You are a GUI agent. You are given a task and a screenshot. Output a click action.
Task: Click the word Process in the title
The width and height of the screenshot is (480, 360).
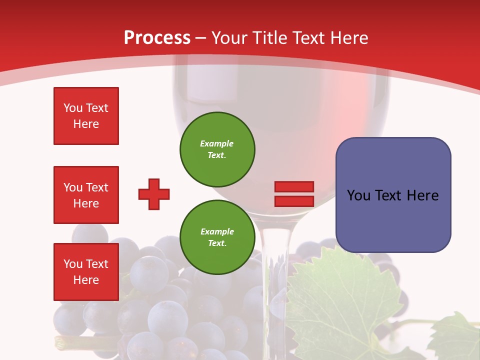157,38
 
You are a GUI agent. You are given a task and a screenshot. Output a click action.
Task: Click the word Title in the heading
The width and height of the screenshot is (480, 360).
269,38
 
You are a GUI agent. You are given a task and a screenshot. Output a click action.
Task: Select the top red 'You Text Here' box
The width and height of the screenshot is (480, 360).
86,116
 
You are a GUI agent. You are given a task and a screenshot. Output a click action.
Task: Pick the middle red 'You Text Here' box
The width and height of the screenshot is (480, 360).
86,195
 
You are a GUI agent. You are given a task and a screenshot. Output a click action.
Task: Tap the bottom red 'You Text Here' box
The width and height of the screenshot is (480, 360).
86,272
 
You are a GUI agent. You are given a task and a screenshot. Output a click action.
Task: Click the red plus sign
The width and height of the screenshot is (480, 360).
154,194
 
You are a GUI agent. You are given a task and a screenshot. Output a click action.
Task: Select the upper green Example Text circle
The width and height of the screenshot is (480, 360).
217,149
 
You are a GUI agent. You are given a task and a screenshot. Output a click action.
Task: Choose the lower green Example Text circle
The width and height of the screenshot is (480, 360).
217,237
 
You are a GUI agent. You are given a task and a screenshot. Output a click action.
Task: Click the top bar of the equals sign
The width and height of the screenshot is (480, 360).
294,186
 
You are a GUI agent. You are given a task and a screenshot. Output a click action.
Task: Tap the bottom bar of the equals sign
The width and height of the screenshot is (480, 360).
294,201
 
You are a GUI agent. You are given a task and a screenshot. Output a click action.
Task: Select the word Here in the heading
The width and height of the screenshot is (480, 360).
348,38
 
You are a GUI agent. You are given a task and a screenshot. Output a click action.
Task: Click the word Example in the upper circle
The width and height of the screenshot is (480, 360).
216,143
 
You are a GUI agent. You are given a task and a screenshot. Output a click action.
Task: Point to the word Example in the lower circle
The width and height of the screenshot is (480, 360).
217,231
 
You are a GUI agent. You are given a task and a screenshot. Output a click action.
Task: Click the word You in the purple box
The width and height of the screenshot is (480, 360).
359,195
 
